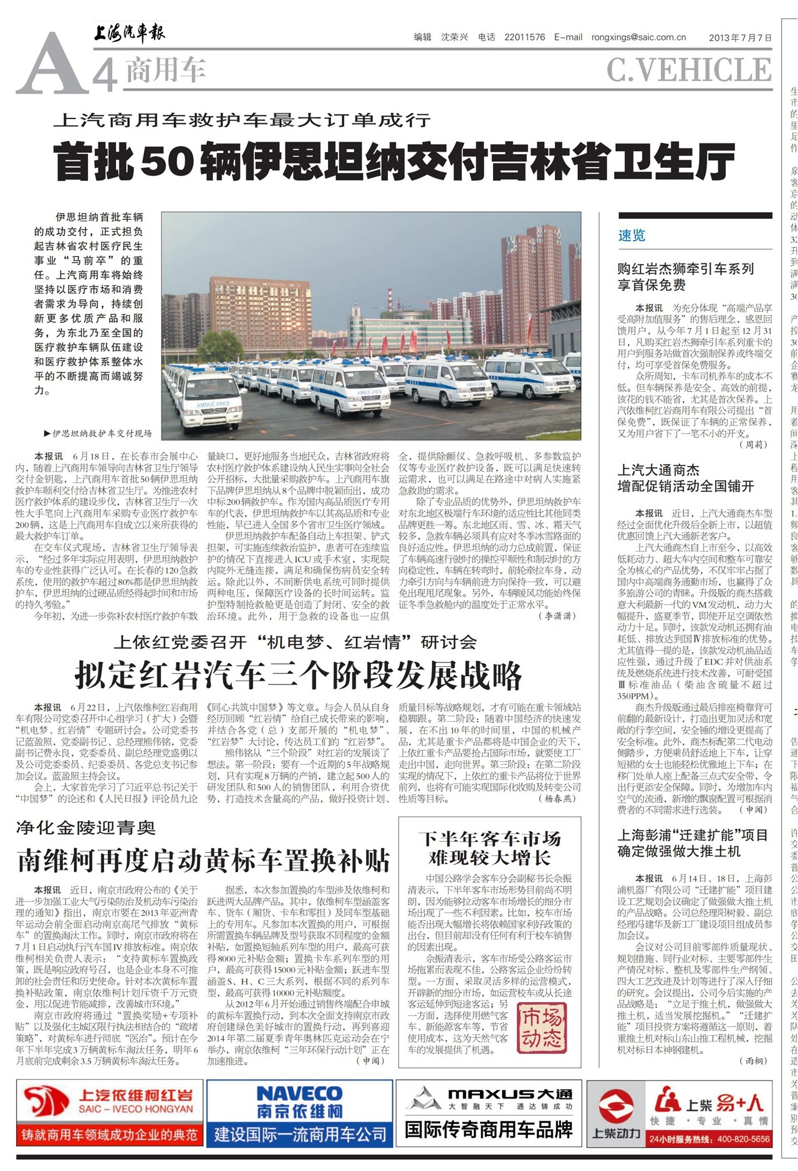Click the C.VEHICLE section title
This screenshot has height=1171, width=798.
click(x=689, y=70)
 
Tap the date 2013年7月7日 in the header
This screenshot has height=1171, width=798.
click(x=740, y=37)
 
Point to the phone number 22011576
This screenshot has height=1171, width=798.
click(x=524, y=37)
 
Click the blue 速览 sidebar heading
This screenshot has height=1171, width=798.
click(x=632, y=235)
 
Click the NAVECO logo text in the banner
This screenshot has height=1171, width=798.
click(x=299, y=1094)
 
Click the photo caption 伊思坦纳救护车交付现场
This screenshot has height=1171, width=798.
click(x=101, y=433)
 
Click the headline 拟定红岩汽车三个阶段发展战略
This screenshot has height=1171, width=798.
click(x=298, y=675)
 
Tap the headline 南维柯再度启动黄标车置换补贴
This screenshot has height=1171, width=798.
click(x=203, y=860)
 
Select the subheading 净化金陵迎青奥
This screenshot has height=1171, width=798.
click(x=85, y=828)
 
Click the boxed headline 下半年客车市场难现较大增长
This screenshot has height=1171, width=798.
click(x=489, y=848)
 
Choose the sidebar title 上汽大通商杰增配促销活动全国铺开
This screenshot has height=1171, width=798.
click(x=685, y=478)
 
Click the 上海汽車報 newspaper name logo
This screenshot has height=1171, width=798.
click(x=130, y=32)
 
